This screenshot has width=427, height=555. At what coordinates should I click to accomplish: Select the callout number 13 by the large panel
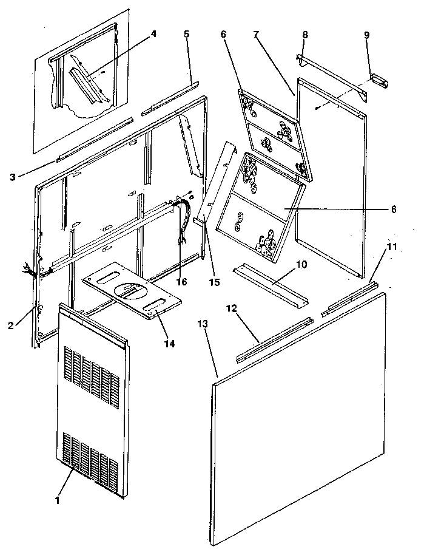coord(203,324)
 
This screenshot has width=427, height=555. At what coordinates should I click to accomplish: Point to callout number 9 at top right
coord(366,35)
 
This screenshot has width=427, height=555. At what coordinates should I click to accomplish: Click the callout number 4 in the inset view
coord(153,34)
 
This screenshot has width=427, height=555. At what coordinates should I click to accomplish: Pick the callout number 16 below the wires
coord(181,282)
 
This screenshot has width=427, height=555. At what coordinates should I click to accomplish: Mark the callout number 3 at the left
coord(13,177)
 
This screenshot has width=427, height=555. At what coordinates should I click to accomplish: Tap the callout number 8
coord(304,35)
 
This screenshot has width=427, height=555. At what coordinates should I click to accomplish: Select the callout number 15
coord(213,282)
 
